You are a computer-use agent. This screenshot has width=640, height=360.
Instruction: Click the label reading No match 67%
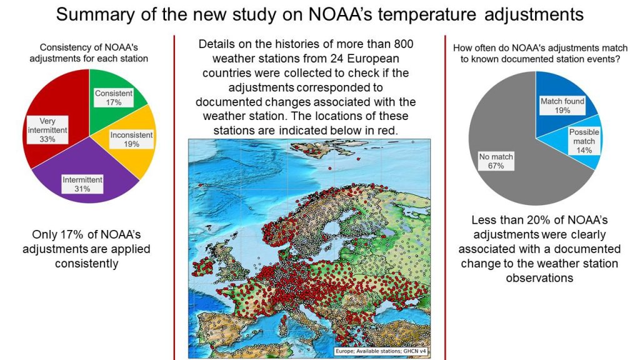(x=496, y=161)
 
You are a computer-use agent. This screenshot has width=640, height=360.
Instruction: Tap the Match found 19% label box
(x=562, y=106)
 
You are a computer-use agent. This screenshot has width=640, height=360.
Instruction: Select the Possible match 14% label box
(x=584, y=141)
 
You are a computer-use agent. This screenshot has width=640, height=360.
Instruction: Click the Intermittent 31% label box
(x=82, y=184)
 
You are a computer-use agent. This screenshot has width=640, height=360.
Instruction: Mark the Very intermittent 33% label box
(x=47, y=130)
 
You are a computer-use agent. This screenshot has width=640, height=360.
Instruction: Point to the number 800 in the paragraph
(x=404, y=44)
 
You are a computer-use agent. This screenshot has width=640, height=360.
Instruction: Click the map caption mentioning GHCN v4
(x=381, y=351)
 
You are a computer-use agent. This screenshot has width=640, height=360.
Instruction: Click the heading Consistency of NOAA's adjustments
(x=89, y=53)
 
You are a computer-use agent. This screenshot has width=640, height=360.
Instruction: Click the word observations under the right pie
(x=539, y=278)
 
